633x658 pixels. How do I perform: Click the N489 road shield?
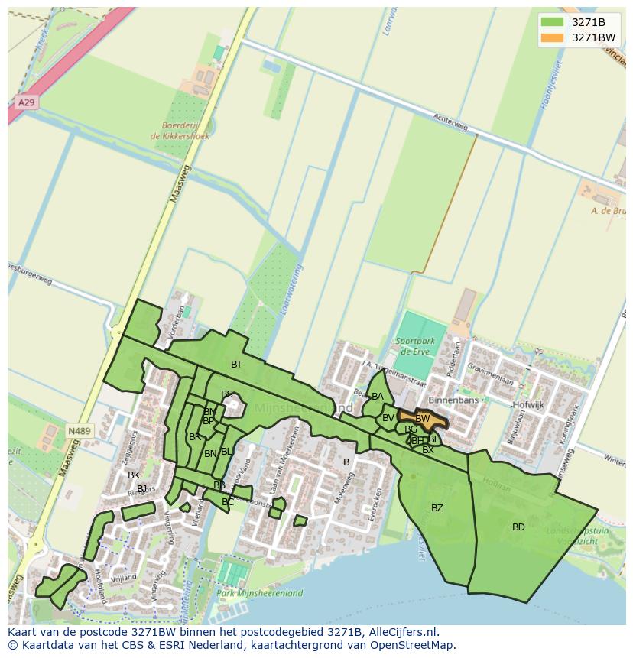point(78,431)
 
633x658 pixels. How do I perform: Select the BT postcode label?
point(236,365)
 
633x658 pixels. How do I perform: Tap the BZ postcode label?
point(437,508)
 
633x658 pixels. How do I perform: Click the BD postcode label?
point(518,527)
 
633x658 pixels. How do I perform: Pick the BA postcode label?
point(378,397)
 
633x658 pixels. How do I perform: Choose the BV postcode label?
point(388,418)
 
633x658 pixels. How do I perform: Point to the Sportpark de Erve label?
point(416,345)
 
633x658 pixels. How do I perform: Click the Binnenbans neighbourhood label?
point(453,400)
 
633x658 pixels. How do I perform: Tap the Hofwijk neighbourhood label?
point(528,405)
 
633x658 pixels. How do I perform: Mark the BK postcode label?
point(134,475)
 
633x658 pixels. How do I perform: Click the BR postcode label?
point(195,437)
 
